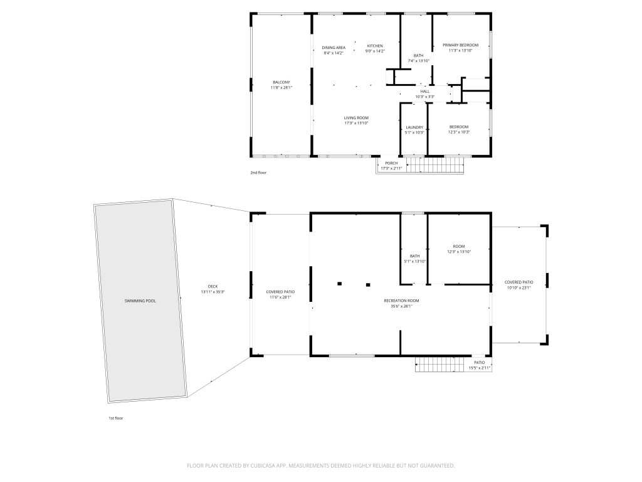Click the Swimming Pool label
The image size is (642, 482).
tap(140, 301)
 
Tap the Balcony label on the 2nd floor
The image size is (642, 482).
tap(281, 82)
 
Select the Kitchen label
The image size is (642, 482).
tap(375, 46)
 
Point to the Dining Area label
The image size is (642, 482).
tap(334, 48)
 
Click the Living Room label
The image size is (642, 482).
tap(356, 118)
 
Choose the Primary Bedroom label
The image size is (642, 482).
tap(460, 45)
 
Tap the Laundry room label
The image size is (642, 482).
tap(414, 127)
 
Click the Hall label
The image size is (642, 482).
tap(425, 92)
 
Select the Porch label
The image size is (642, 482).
tap(391, 163)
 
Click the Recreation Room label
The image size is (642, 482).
tap(401, 301)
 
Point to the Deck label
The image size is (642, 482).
tap(213, 287)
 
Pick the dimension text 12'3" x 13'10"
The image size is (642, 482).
tap(459, 252)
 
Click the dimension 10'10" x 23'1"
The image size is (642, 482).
tap(518, 288)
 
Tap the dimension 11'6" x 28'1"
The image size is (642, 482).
tap(280, 297)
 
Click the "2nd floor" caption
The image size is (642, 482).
tap(258, 172)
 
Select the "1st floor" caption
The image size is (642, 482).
tap(115, 417)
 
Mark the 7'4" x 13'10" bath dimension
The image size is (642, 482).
tap(418, 61)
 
